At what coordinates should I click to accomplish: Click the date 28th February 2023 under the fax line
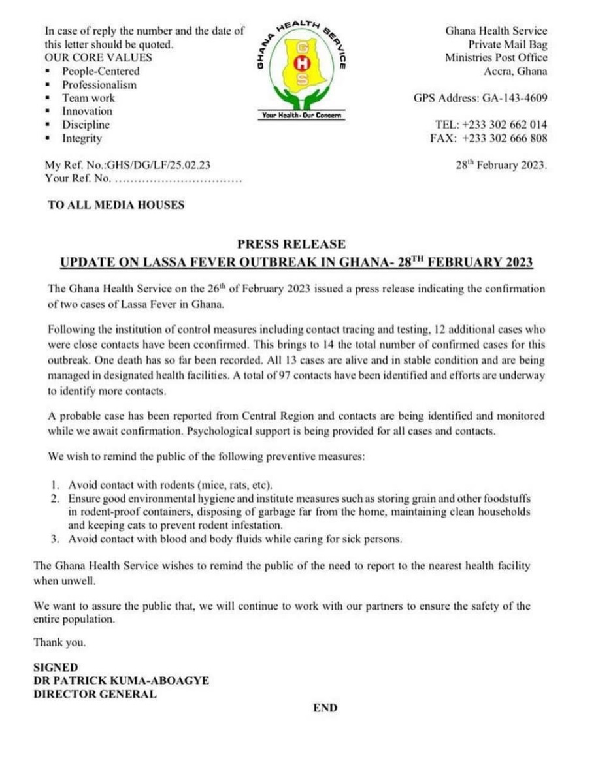pyautogui.click(x=501, y=165)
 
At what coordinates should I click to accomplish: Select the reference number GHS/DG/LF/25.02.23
pyautogui.click(x=154, y=166)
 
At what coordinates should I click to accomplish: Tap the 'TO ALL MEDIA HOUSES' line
pyautogui.click(x=116, y=205)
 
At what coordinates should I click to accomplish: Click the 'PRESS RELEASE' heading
pyautogui.click(x=291, y=244)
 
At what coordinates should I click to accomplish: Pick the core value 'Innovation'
pyautogui.click(x=87, y=112)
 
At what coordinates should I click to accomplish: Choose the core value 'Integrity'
pyautogui.click(x=82, y=138)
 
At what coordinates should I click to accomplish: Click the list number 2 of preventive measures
pyautogui.click(x=55, y=499)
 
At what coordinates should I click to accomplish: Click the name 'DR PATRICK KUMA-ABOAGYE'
pyautogui.click(x=122, y=680)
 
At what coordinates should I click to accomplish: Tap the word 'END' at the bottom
pyautogui.click(x=325, y=708)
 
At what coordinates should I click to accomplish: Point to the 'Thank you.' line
pyautogui.click(x=59, y=643)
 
